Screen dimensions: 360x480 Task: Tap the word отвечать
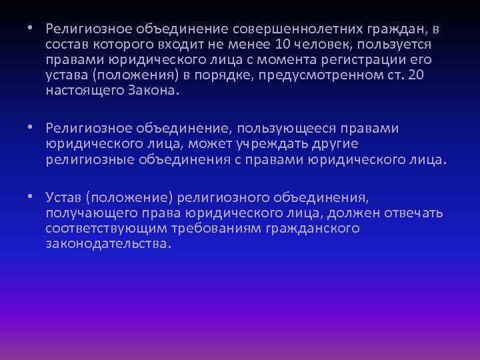point(414,213)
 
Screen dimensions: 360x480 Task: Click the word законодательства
point(108,244)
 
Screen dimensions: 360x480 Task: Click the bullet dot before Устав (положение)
point(31,198)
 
